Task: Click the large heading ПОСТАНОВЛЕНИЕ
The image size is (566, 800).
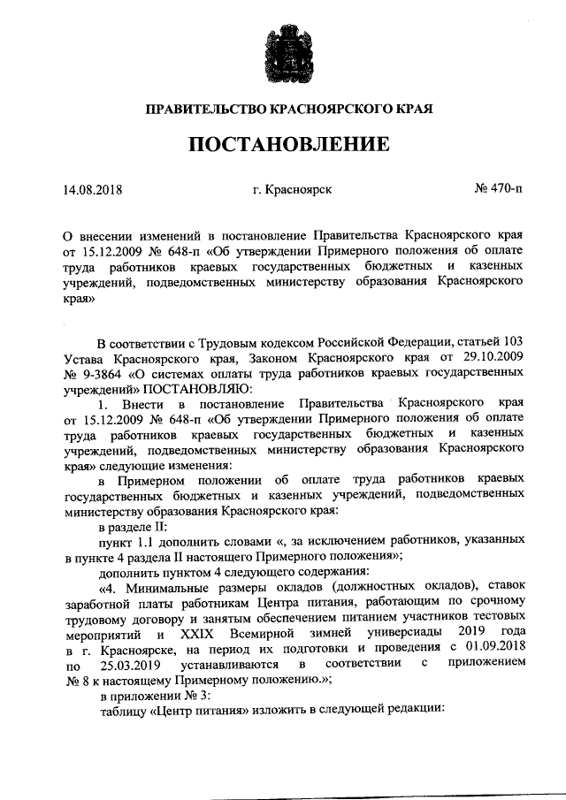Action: pyautogui.click(x=282, y=144)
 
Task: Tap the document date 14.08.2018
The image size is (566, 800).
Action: pyautogui.click(x=93, y=188)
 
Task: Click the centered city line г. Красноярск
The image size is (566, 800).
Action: pyautogui.click(x=291, y=188)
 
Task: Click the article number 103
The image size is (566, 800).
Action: pyautogui.click(x=509, y=342)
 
